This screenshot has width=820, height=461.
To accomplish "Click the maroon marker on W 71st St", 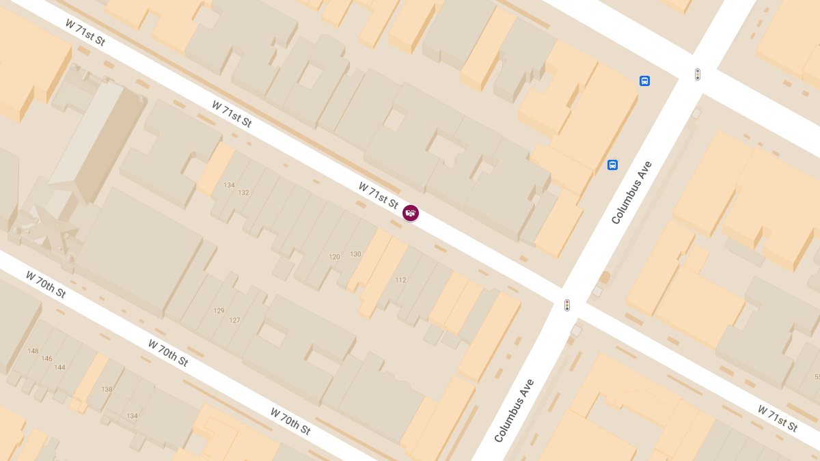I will point(410,213).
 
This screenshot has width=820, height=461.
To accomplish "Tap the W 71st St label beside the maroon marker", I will point(378,195).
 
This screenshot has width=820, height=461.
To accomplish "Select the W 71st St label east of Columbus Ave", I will point(777,418).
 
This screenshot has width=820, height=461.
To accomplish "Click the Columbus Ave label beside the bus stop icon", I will point(632,193).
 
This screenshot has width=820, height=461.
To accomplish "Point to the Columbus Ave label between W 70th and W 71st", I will point(514,410).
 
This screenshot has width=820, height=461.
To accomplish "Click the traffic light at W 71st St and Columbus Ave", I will point(567,305).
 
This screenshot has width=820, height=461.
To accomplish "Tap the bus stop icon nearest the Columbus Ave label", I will point(612,165).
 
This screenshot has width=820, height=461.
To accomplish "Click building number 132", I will point(243,193).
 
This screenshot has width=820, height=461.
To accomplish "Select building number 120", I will point(334,257).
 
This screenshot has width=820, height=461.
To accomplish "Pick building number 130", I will point(355,254).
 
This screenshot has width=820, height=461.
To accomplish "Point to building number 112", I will point(400,280).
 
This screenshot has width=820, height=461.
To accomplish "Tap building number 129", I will point(219,311).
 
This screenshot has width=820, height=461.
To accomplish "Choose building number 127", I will point(234,320).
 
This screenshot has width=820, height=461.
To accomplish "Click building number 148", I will point(33,351).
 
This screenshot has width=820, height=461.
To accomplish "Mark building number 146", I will point(46,359).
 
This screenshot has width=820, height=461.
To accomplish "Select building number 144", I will point(59,367).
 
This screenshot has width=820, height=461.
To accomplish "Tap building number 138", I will point(107,389).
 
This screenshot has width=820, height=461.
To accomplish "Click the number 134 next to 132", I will point(229,185).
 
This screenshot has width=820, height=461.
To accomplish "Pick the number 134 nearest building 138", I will point(132,416).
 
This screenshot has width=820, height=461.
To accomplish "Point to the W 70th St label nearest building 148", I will point(46,284).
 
